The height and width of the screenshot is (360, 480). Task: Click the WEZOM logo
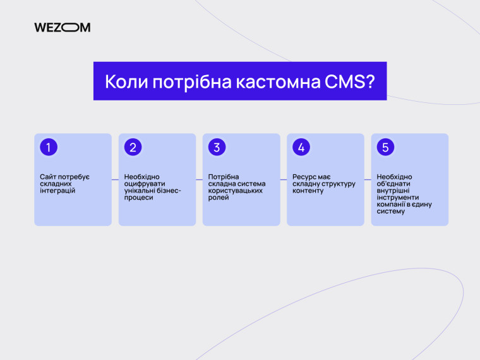pyautogui.click(x=62, y=27)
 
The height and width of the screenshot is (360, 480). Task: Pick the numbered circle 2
pyautogui.click(x=133, y=147)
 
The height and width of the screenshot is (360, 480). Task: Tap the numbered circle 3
pyautogui.click(x=217, y=147)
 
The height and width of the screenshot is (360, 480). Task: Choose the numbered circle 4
pyautogui.click(x=301, y=147)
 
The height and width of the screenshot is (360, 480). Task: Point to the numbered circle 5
pyautogui.click(x=385, y=147)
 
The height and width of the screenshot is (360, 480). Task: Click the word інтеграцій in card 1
pyautogui.click(x=57, y=191)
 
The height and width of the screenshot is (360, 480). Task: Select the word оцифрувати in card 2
pyautogui.click(x=142, y=184)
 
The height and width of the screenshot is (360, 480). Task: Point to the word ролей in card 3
pyautogui.click(x=219, y=198)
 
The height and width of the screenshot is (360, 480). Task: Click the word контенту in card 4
pyautogui.click(x=308, y=191)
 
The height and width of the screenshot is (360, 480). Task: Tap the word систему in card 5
pyautogui.click(x=391, y=212)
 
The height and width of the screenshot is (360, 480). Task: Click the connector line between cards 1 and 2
pyautogui.click(x=115, y=179)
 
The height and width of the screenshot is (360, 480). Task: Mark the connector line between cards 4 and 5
pyautogui.click(x=368, y=179)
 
